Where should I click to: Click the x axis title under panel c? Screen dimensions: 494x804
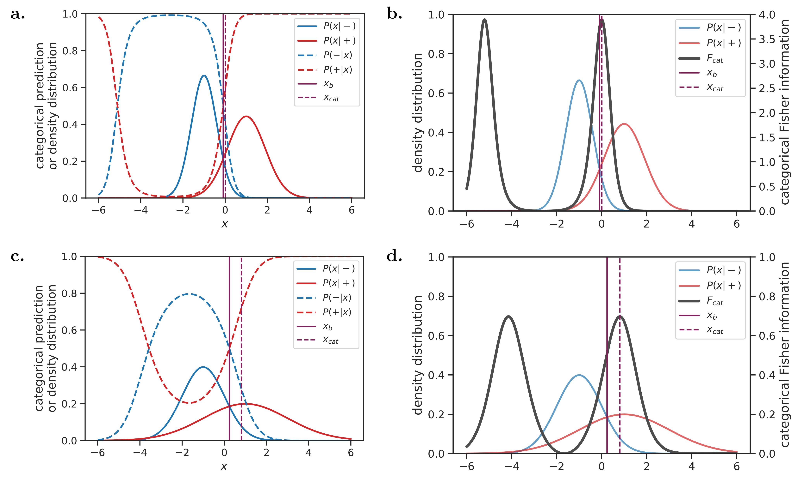[x=224, y=466]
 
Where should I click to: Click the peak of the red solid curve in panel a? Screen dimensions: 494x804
[x=246, y=116]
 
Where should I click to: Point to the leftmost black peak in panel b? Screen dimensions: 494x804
[x=484, y=20]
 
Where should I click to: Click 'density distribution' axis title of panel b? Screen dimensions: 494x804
[x=418, y=113]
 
